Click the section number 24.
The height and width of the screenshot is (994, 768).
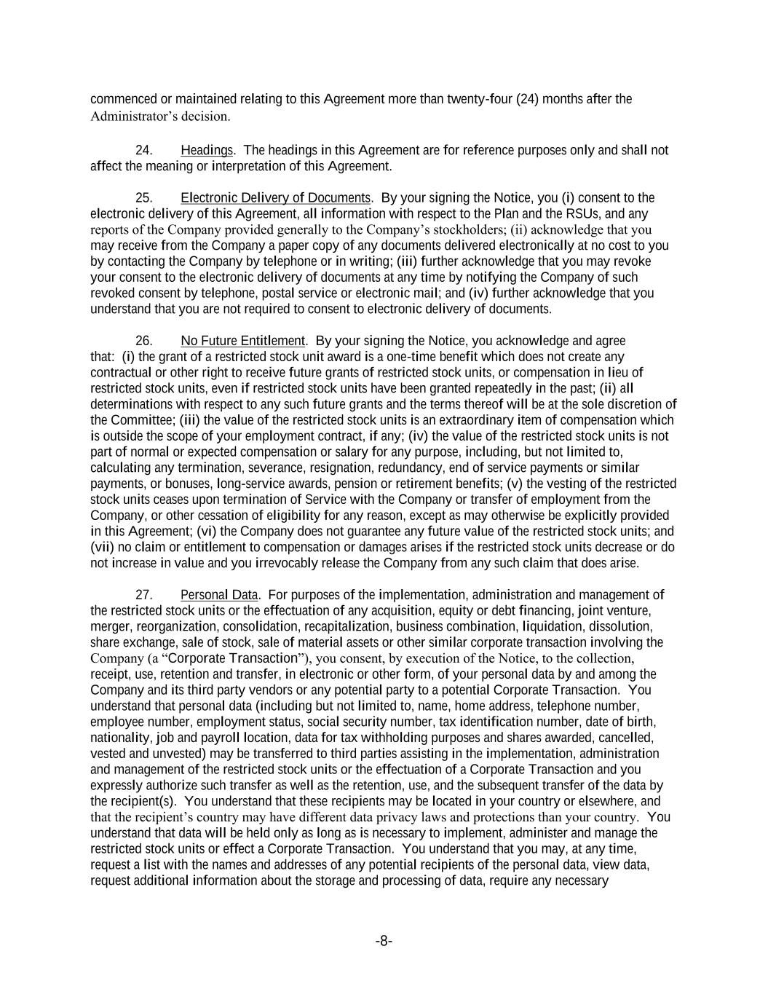tap(143, 151)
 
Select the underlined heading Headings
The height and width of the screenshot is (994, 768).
tap(206, 151)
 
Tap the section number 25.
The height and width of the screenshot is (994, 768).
tap(143, 198)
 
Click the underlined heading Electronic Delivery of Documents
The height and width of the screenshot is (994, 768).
tap(276, 198)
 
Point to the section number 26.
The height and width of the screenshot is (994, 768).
tap(143, 341)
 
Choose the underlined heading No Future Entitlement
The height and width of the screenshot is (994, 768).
tap(242, 341)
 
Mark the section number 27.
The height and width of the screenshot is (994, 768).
tap(143, 595)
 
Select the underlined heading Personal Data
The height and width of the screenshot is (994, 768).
tap(219, 595)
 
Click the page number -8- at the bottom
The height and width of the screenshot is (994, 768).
tap(384, 941)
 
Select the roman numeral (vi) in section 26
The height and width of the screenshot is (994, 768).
tap(207, 532)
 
